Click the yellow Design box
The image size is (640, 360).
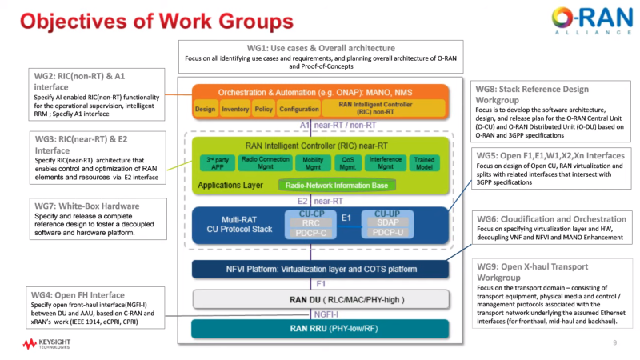tap(206, 109)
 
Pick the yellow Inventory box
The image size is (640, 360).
tap(235, 109)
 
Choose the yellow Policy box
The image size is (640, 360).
tap(264, 109)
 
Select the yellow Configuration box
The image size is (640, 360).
tap(299, 109)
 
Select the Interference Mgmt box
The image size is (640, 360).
tap(385, 163)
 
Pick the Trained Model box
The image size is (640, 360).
tap(424, 163)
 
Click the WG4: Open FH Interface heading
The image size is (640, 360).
tap(78, 295)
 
